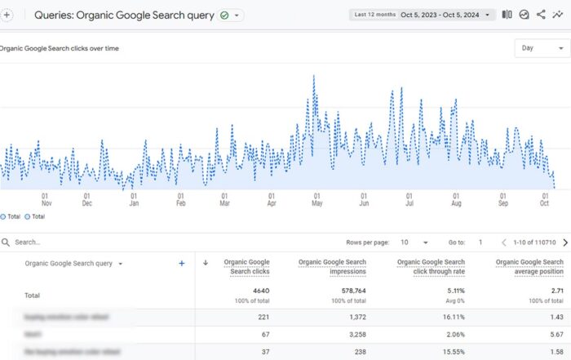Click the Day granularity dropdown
pos(541,48)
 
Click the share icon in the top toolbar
pos(540,15)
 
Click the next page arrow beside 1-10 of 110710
pos(564,242)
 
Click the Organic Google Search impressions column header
pos(332,267)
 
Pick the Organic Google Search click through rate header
pos(431,267)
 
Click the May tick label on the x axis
pos(316,199)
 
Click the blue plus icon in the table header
pos(181,264)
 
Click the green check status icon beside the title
pos(224,16)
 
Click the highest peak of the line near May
pos(314,76)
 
